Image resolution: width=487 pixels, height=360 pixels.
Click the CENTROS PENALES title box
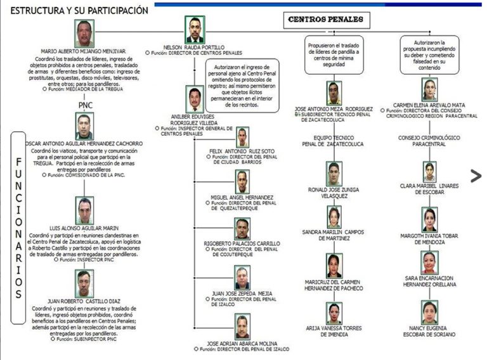coord(325,20)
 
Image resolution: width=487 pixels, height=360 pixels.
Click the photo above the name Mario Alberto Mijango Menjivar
coord(84,34)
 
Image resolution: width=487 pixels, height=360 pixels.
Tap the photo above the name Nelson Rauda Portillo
coord(195,29)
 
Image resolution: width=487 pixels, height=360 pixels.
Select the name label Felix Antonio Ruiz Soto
coord(242,151)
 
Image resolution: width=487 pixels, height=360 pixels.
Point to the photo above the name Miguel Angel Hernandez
coord(242,182)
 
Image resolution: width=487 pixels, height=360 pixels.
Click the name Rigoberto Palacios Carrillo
coord(242,243)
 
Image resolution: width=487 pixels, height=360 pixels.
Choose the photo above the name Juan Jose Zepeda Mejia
coord(242,277)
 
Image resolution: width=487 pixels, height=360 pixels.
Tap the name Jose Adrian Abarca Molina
coord(242,343)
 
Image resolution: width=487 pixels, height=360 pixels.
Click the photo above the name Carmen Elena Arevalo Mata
coord(429,89)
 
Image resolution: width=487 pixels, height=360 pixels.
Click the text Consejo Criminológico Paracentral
coord(429,141)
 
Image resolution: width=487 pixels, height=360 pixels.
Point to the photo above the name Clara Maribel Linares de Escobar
coord(430,172)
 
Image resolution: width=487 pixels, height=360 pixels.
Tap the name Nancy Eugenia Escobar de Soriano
coord(429,330)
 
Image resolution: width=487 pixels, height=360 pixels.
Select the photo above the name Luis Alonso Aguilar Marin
coord(84,210)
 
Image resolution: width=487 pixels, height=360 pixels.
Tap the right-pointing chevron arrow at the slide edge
coord(476,176)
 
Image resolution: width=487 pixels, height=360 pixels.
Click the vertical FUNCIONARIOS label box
coord(18,219)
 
